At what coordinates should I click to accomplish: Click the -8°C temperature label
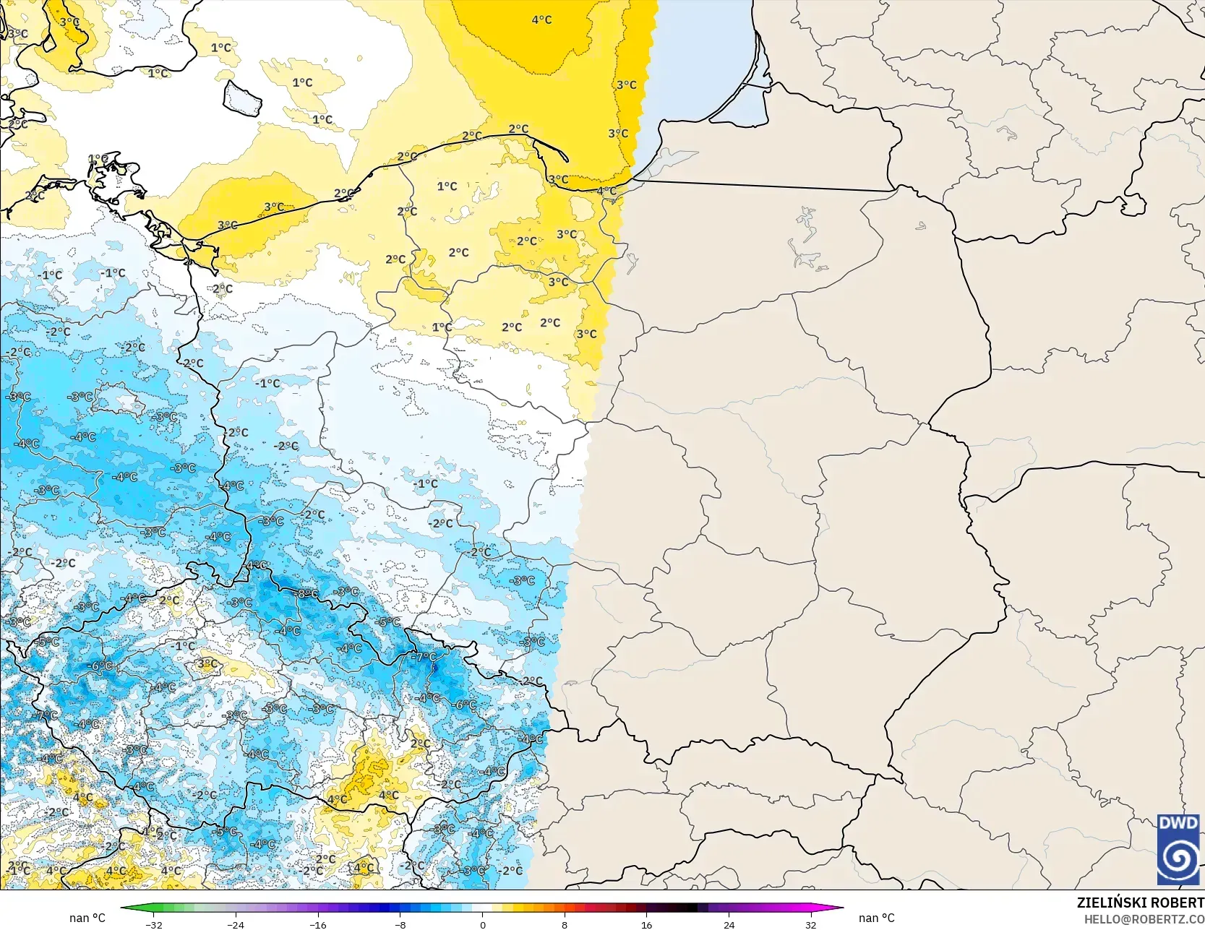pos(307,593)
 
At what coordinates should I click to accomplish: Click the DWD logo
pos(1178,849)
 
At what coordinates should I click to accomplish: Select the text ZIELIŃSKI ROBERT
pos(1140,903)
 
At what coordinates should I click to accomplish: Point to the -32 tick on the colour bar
pos(153,924)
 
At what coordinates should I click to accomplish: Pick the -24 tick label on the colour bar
pos(236,924)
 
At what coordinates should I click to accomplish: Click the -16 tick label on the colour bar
pos(318,924)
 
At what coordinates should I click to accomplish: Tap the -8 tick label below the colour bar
pos(400,924)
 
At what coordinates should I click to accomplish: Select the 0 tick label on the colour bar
pos(483,924)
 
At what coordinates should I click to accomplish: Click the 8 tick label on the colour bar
pos(565,924)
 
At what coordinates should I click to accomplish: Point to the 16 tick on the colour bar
pos(647,924)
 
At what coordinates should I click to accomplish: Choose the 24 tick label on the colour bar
pos(729,924)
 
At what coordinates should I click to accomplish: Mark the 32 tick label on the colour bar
pos(811,924)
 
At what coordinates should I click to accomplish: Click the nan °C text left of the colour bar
pos(87,918)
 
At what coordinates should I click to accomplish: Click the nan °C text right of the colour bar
pos(876,918)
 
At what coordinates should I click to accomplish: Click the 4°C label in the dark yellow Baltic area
pos(541,20)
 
